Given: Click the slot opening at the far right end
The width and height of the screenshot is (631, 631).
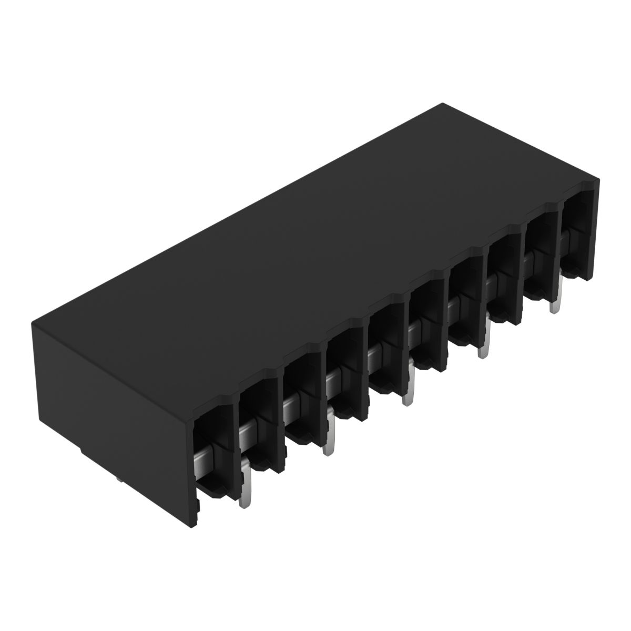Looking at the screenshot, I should [x=578, y=231].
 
